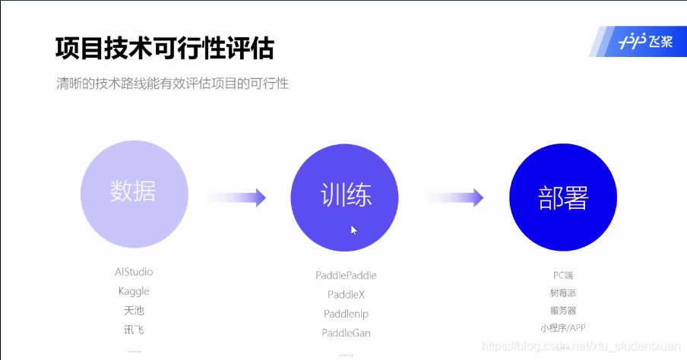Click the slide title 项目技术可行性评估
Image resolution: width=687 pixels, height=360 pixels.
pos(164,49)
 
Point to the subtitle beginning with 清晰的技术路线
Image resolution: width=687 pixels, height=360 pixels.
pos(173,84)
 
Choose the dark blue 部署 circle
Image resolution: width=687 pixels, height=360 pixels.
pos(563,197)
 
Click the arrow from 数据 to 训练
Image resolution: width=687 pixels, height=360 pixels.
pos(238,197)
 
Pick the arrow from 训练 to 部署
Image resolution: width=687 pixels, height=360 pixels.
pos(455,197)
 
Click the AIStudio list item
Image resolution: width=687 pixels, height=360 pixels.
pos(134,272)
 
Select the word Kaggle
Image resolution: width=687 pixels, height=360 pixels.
pos(134,291)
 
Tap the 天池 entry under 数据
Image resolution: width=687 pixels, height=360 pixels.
pos(134,310)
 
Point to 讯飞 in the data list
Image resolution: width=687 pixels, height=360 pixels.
pos(134,330)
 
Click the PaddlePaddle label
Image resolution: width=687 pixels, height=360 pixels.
pos(346,275)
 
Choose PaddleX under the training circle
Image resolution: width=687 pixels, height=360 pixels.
pos(346,294)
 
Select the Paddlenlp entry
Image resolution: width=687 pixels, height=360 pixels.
pos(346,314)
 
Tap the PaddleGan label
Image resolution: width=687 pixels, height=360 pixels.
pos(346,333)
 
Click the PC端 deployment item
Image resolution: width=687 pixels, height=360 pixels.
pos(563,274)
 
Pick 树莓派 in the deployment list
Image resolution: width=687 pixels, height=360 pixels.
pos(563,292)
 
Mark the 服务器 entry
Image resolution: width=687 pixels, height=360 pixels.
pos(563,311)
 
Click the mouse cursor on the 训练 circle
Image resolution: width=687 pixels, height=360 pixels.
pos(353,229)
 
